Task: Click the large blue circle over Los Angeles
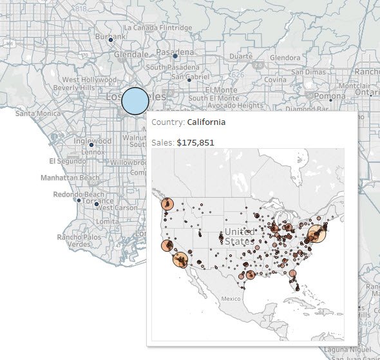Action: pos(135,101)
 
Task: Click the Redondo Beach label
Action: pos(78,194)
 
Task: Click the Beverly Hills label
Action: pos(74,87)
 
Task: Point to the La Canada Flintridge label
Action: pos(158,28)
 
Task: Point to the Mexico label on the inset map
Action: pos(230,299)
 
